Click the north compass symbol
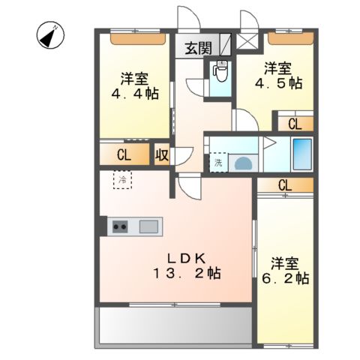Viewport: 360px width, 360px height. (x=52, y=34)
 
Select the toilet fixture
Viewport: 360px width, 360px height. (x=220, y=72)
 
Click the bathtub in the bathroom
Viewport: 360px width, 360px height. (x=301, y=155)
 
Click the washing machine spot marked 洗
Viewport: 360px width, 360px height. (x=219, y=162)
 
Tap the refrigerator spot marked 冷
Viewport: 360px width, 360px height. (x=122, y=180)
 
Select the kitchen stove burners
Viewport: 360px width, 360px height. (x=121, y=225)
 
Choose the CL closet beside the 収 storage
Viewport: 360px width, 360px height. (x=124, y=155)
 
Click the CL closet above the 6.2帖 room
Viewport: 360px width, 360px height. (x=284, y=185)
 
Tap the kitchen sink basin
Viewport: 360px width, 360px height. (x=148, y=226)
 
